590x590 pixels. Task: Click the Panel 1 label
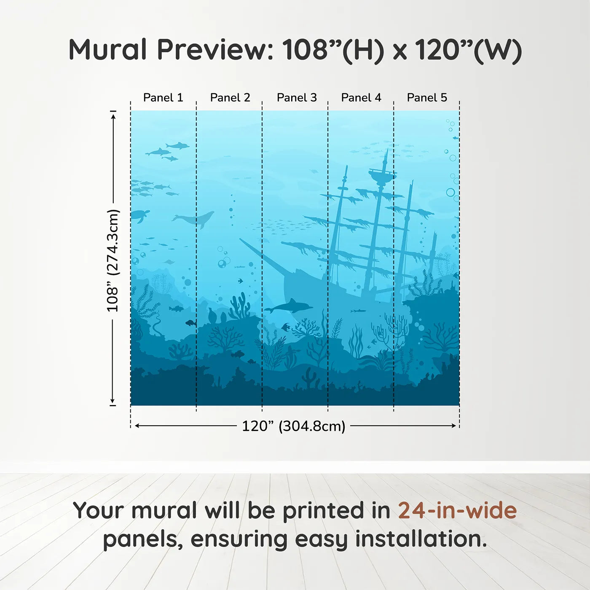[163, 98]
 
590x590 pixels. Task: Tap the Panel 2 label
[230, 98]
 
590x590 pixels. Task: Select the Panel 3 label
[297, 98]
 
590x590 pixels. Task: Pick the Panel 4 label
[361, 98]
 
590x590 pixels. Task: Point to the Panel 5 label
[427, 98]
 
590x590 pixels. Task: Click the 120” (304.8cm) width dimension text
[293, 426]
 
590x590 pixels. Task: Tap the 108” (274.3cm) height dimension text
[113, 261]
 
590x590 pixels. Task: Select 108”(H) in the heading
[333, 50]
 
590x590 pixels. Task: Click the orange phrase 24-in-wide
[457, 510]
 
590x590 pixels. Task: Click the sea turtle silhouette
[140, 216]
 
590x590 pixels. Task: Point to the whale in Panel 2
[195, 219]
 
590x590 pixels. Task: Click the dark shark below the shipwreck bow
[289, 306]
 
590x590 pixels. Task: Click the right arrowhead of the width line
[454, 426]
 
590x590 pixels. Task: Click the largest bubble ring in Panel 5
[451, 193]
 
